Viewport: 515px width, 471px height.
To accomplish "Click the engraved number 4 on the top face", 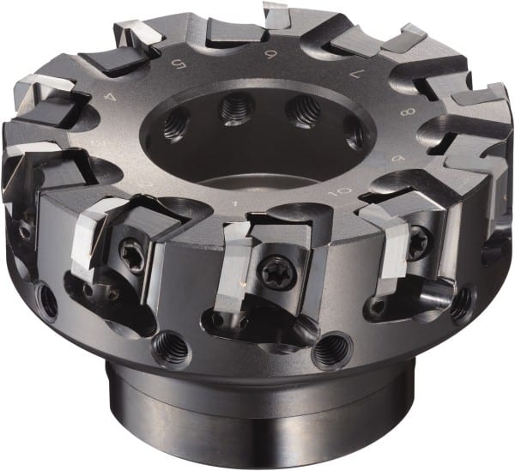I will point(109,98).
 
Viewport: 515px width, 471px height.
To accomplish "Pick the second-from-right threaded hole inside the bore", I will point(303,109).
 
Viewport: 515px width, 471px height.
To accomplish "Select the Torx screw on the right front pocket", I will point(417,242).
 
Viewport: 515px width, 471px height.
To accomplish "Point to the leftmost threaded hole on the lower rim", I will point(47,301).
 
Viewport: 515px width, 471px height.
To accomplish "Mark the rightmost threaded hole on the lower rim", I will point(462,302).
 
